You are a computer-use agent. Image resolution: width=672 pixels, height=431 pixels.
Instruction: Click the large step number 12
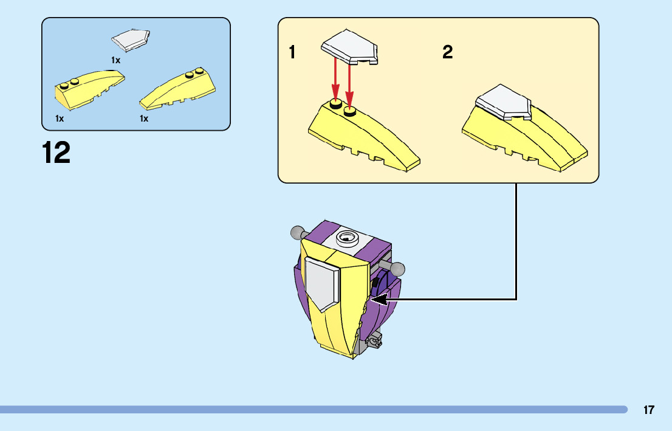tap(56, 153)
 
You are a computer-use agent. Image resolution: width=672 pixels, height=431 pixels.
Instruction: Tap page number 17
tap(649, 410)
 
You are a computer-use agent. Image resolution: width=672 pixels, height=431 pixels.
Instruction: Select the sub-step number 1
tap(292, 53)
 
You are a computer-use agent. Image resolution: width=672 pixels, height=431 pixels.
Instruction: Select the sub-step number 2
tap(447, 53)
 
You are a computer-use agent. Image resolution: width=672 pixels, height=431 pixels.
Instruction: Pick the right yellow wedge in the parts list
tap(177, 89)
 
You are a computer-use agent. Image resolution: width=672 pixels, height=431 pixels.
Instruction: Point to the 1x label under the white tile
tap(115, 60)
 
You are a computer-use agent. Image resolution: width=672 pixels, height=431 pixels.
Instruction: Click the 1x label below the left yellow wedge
tap(60, 119)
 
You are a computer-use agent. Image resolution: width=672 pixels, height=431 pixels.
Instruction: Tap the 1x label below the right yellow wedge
tap(144, 119)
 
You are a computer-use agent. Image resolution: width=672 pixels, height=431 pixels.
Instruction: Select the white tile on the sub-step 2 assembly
tap(504, 102)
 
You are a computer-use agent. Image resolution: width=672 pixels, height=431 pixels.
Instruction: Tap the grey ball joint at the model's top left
tap(297, 232)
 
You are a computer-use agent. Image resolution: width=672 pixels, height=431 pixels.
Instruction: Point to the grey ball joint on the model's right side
tap(397, 269)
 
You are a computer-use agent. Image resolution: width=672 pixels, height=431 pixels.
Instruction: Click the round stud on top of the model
tap(348, 237)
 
